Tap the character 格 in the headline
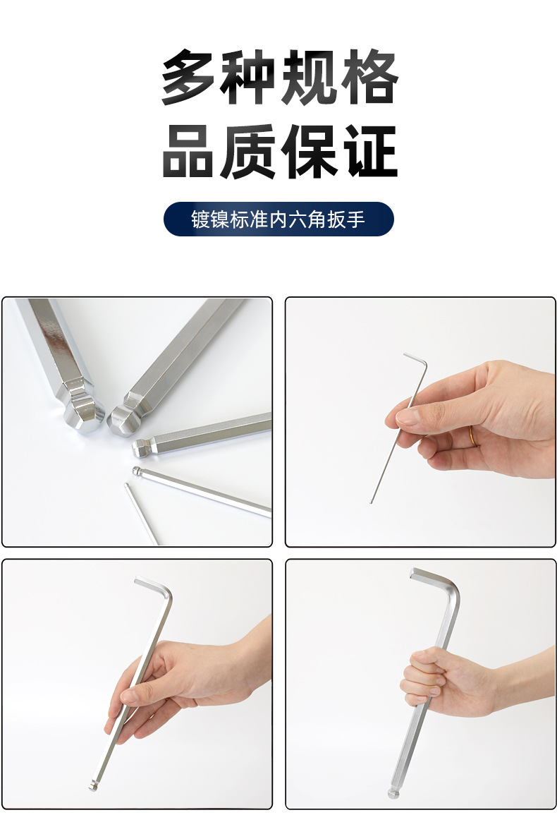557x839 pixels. (x=370, y=78)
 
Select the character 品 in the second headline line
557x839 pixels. (x=189, y=152)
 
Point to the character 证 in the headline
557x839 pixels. (x=370, y=152)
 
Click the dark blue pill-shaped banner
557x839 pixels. (x=278, y=219)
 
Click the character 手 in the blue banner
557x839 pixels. (x=355, y=219)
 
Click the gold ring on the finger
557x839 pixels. (x=474, y=436)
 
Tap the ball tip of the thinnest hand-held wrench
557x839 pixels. (x=371, y=502)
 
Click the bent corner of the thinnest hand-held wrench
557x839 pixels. (x=424, y=363)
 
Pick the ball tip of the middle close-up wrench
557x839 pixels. (x=140, y=448)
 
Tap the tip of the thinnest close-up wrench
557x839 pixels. (x=127, y=485)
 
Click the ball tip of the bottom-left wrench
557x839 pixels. (x=92, y=786)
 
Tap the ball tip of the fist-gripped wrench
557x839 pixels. (x=393, y=793)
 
